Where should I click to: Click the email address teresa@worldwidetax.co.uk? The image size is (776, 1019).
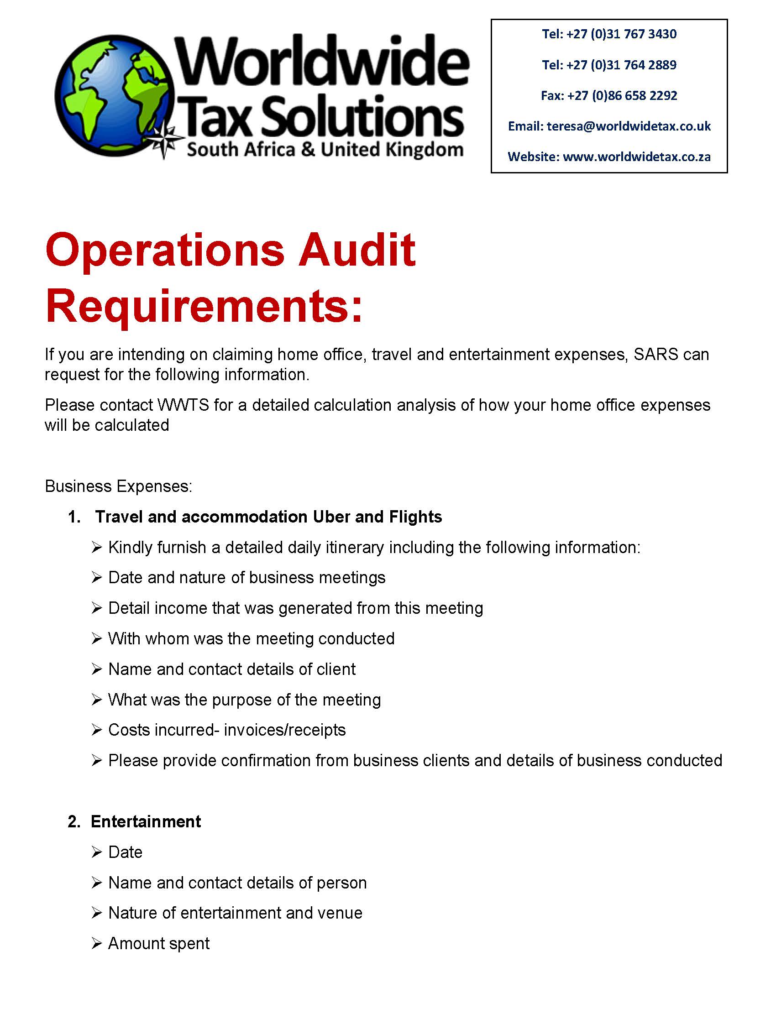[x=629, y=126]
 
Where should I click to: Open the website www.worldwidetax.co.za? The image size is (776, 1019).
[x=636, y=157]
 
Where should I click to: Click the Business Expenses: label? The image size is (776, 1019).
[x=118, y=486]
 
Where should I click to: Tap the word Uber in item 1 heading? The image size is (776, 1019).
[x=331, y=517]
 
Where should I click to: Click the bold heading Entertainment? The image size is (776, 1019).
[x=146, y=821]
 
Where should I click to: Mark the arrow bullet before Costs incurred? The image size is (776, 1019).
[x=96, y=730]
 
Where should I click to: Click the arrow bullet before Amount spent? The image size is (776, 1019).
[x=96, y=943]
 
